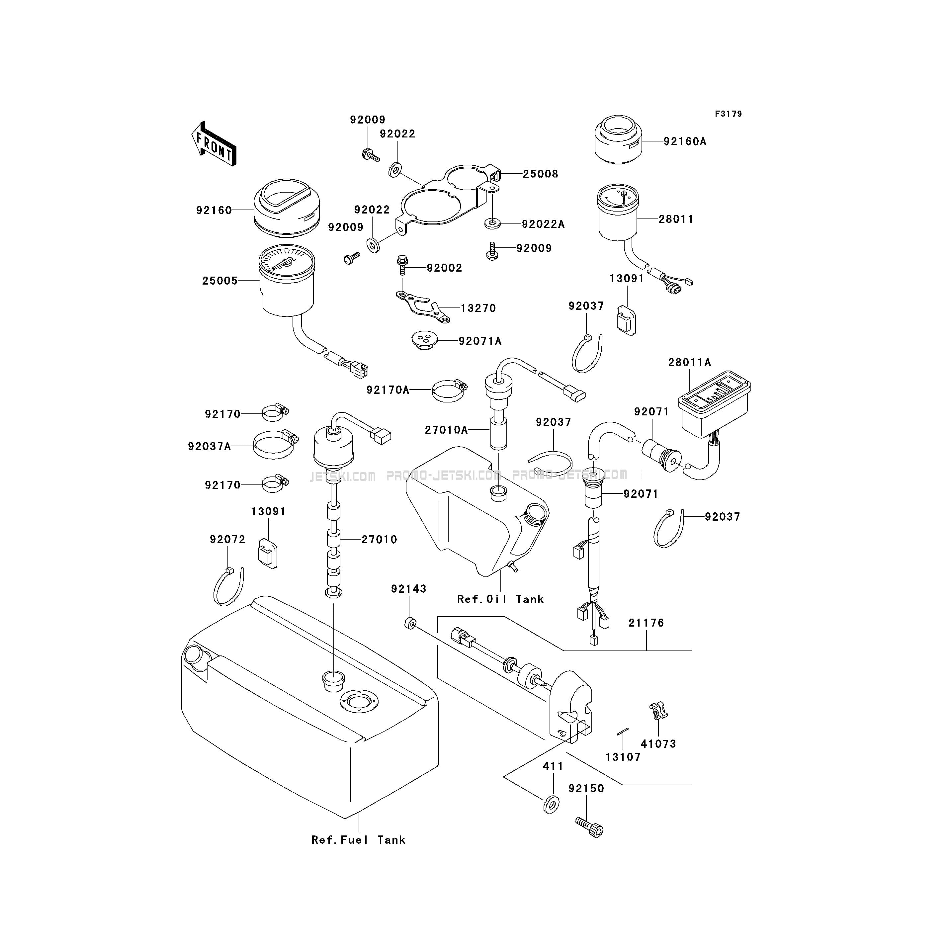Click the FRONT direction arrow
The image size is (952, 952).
click(214, 143)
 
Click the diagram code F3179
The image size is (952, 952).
click(728, 114)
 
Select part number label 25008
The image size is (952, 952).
click(541, 174)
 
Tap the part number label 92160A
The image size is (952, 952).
click(685, 141)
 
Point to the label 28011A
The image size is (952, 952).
click(689, 362)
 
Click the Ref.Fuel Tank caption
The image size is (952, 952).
click(358, 840)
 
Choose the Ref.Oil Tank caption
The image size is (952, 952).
click(500, 599)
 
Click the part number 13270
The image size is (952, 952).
click(478, 308)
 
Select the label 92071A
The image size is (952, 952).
click(480, 341)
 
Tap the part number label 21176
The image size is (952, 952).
click(646, 623)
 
